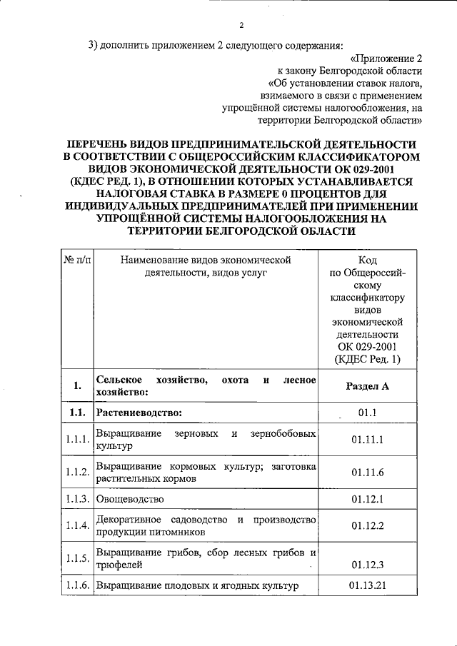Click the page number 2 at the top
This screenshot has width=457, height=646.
[241, 26]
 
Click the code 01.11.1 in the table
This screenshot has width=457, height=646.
[368, 440]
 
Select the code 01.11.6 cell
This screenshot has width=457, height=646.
[368, 473]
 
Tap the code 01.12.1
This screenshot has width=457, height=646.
[368, 498]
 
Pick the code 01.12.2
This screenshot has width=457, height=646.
[368, 525]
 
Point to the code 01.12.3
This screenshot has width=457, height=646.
[368, 564]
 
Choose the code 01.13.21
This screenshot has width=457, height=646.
[368, 586]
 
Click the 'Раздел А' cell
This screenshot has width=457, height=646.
[368, 386]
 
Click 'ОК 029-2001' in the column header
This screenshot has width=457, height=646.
[368, 347]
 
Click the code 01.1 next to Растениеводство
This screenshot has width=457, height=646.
[368, 413]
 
